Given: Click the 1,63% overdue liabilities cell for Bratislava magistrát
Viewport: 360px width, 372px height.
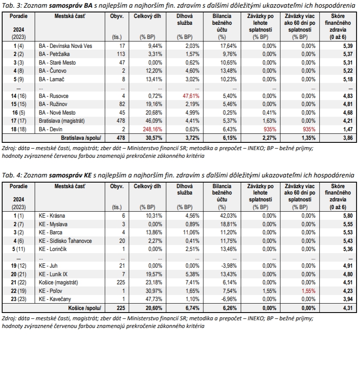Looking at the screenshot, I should [264, 121].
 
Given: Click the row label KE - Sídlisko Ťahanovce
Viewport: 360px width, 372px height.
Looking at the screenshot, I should [65, 241].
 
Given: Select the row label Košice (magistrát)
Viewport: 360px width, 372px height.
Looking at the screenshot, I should [56, 283].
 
